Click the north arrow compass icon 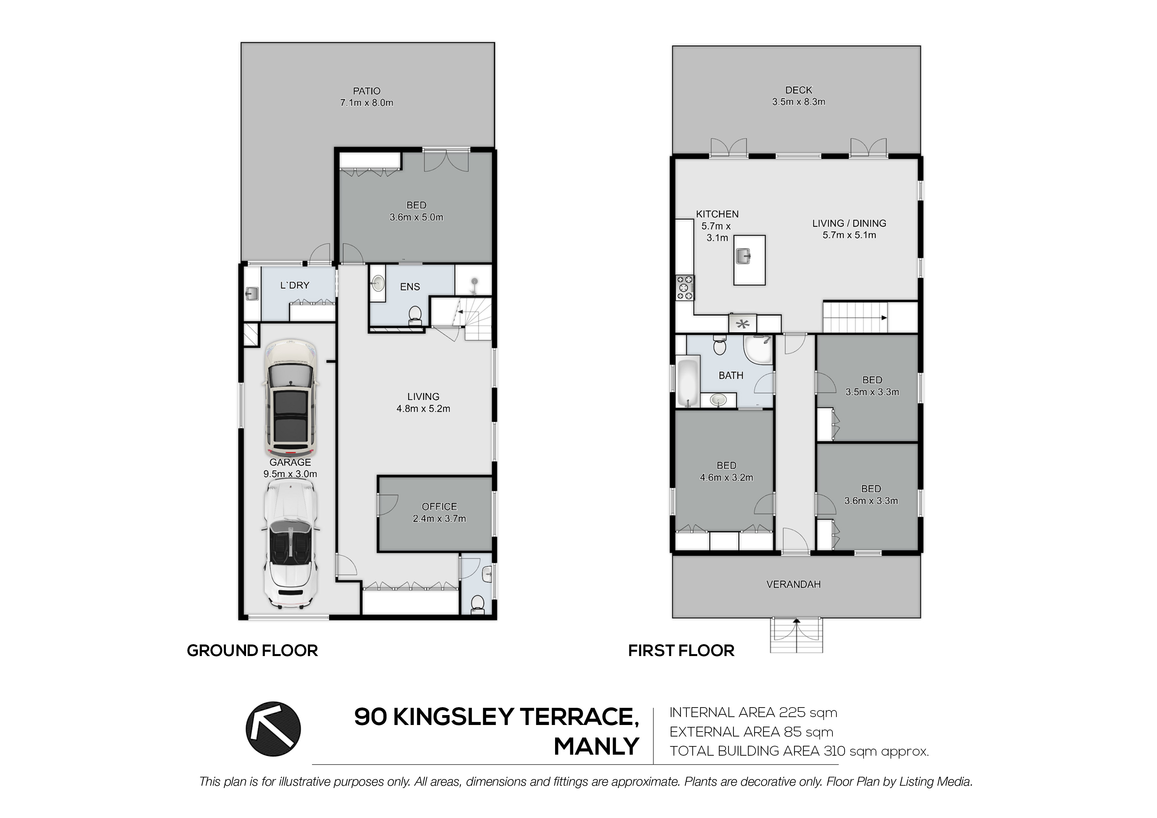[x=273, y=729]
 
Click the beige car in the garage [x=290, y=398]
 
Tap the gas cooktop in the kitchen [x=684, y=288]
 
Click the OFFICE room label [x=439, y=507]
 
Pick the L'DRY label [x=295, y=285]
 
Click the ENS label [x=410, y=287]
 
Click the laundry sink [x=252, y=293]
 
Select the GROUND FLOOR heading [x=252, y=651]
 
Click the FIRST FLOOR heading [x=681, y=651]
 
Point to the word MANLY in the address [x=597, y=746]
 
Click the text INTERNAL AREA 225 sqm [x=753, y=713]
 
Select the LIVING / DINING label [x=849, y=223]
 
